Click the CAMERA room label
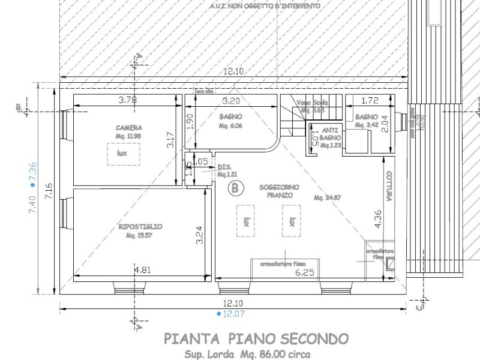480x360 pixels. tap(129, 128)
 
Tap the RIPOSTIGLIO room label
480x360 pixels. tap(140, 226)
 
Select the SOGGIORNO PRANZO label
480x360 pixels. tap(276, 191)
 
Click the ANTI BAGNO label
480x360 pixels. tap(330, 133)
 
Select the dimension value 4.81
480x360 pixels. tap(143, 270)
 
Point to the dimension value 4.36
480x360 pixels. tap(377, 219)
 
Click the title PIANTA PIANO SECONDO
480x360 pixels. tap(256, 340)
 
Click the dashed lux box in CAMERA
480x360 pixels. tap(123, 154)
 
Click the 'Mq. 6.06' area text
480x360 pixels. tap(230, 126)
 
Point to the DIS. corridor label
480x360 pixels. tap(224, 167)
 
